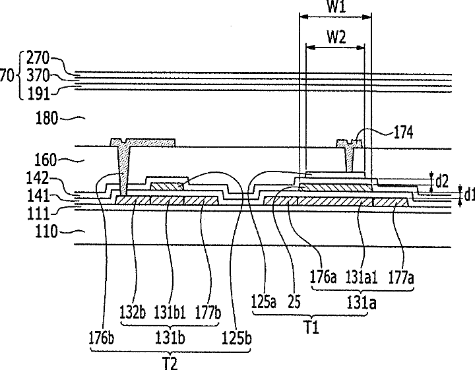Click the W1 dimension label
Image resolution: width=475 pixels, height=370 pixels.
coord(336,6)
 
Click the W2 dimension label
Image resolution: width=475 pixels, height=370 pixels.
coord(336,37)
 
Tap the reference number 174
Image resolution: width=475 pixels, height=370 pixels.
coord(403,133)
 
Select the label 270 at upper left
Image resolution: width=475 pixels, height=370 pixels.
coord(38,58)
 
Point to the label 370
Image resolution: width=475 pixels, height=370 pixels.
coord(38,75)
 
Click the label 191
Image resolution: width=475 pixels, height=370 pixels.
coord(38,94)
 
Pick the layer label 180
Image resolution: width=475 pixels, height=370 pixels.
coord(46,118)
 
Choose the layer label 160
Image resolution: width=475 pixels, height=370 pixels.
coord(46,160)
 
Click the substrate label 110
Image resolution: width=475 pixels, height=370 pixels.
coord(46,231)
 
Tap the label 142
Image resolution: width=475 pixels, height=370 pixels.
coord(38,178)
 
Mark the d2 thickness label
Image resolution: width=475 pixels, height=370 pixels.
coord(441,181)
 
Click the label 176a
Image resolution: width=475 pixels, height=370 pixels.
coord(323,277)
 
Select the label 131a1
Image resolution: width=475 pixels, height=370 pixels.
coord(362,278)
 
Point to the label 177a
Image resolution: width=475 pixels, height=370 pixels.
coord(401,278)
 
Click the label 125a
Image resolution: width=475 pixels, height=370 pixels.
coord(264,302)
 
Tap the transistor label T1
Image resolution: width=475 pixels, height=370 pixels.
coord(311,328)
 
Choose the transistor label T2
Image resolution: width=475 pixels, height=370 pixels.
coord(171,364)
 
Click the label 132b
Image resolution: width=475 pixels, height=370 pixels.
coord(133,313)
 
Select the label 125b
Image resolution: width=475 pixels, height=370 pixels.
coord(237,338)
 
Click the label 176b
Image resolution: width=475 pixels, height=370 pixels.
coord(102,338)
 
